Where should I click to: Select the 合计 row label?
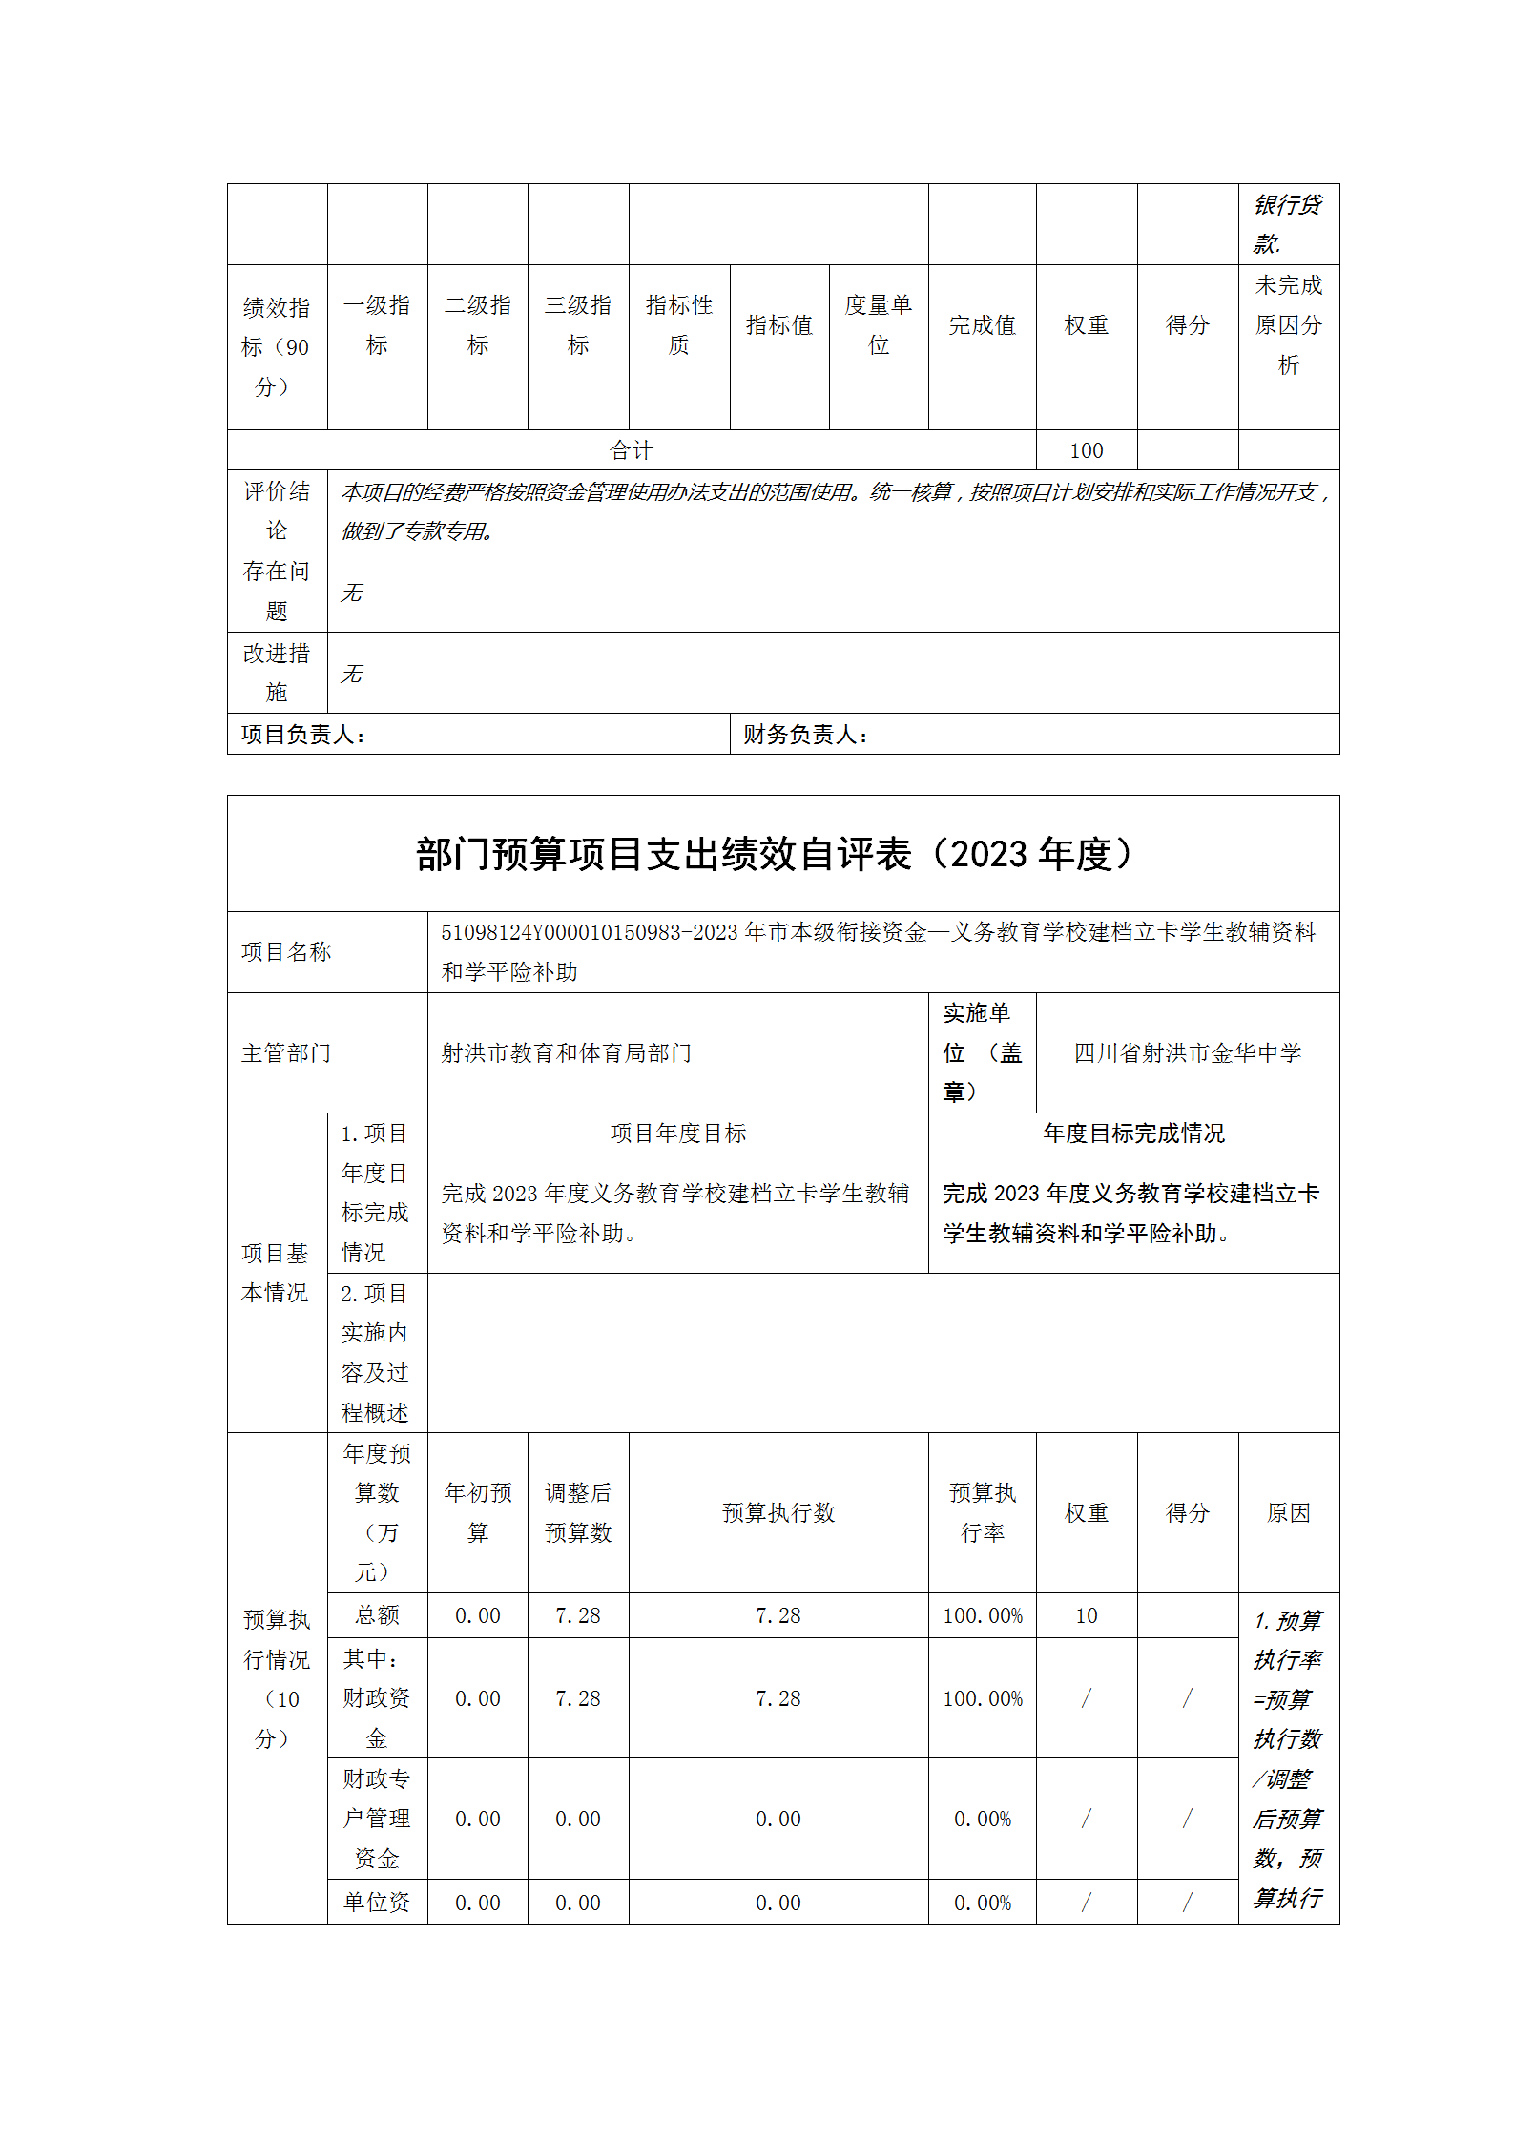[x=631, y=450]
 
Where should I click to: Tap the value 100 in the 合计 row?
[x=1086, y=450]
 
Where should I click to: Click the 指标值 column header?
[x=778, y=325]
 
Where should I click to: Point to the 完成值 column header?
[x=982, y=325]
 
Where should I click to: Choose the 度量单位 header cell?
[x=878, y=325]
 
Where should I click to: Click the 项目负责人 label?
[x=302, y=735]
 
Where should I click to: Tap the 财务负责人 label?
[x=805, y=735]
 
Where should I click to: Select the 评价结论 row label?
[x=277, y=510]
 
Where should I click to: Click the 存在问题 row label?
[x=277, y=592]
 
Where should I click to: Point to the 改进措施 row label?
[x=277, y=673]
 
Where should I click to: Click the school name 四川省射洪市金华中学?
[x=1187, y=1053]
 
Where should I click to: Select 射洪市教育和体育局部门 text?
[x=566, y=1053]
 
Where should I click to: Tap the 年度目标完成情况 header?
[x=1133, y=1133]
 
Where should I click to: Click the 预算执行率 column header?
[x=982, y=1512]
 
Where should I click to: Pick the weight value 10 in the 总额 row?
[x=1086, y=1615]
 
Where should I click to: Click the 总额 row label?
[x=377, y=1615]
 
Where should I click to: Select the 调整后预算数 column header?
[x=577, y=1512]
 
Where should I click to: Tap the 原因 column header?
[x=1288, y=1512]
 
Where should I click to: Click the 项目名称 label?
[x=286, y=952]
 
